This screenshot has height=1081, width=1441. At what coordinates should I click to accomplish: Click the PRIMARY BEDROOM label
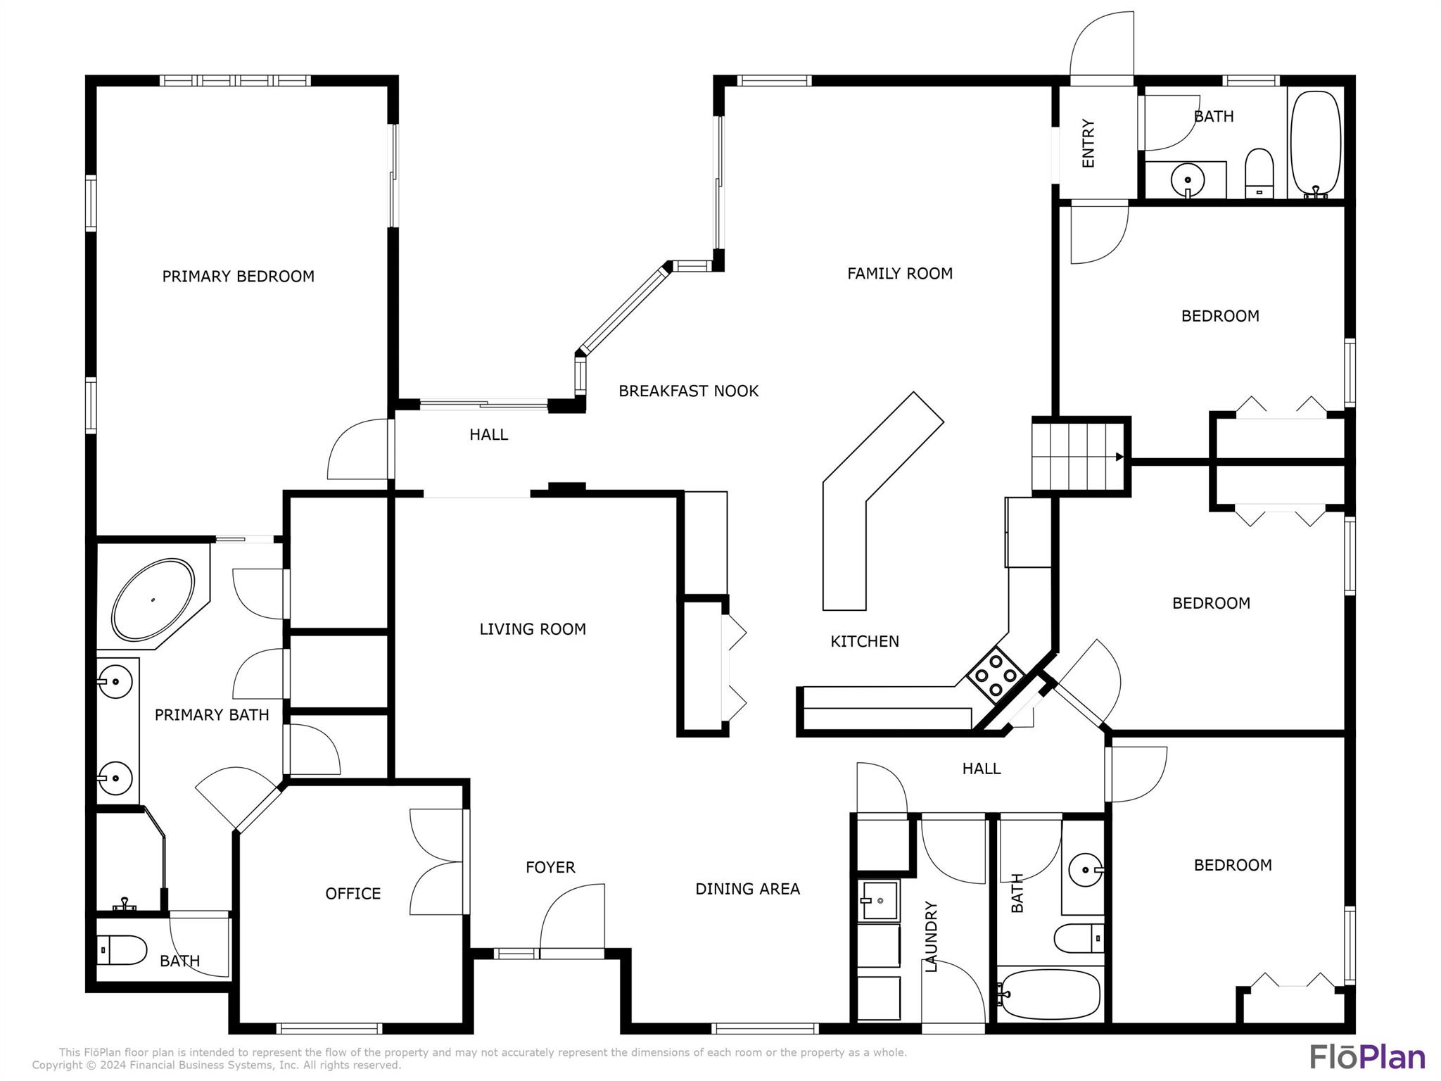pos(238,277)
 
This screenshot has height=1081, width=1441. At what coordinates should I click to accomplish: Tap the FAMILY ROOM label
pos(900,274)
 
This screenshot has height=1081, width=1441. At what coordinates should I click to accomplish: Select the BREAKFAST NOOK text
pos(688,391)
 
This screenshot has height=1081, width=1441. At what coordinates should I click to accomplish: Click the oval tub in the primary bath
pos(153,600)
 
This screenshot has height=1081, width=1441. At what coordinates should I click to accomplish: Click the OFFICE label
pos(353,894)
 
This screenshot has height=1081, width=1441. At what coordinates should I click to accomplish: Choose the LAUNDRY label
pos(931,937)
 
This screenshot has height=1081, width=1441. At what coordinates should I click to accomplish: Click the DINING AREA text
pos(747,889)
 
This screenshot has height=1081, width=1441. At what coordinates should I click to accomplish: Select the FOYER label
pos(550,868)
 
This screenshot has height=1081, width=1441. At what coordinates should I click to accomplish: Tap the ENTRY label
pos(1088,144)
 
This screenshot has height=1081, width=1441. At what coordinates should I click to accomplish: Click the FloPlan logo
pos(1368,1058)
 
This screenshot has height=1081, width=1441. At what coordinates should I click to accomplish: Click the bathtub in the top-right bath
pos(1316,144)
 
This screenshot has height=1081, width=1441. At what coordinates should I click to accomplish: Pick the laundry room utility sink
pos(878,901)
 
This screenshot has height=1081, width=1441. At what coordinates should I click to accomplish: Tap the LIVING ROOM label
pos(533,629)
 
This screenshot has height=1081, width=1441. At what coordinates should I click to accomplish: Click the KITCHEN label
pos(865,642)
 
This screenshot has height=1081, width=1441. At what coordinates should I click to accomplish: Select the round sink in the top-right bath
pos(1188,179)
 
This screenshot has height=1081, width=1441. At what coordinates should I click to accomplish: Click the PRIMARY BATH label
pos(212,715)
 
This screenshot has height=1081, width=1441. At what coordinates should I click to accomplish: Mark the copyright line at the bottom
pos(217,1066)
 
